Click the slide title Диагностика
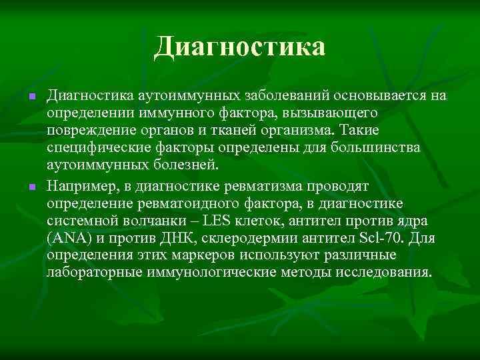tap(240, 47)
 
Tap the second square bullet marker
tap(31, 185)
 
